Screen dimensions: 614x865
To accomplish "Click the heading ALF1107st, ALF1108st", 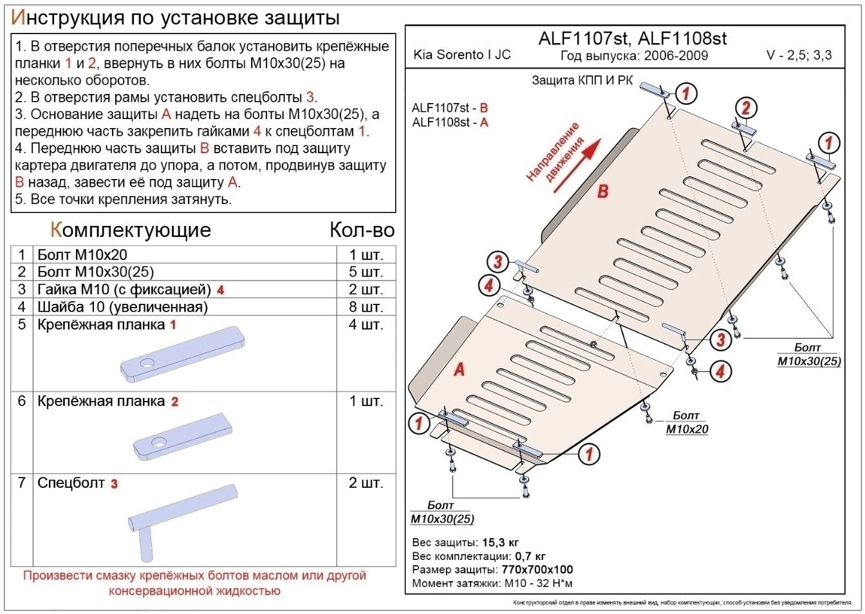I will click(632, 39).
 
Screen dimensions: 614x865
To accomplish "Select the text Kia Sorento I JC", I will click(461, 55).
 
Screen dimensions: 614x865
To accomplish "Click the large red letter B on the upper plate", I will click(603, 191).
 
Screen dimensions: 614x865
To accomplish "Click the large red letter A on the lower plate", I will click(459, 369).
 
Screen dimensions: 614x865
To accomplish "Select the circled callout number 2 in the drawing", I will click(746, 108).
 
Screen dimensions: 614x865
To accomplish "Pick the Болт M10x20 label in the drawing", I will click(686, 423).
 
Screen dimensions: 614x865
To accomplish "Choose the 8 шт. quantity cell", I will click(366, 307).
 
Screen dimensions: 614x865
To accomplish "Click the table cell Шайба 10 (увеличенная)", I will click(122, 307).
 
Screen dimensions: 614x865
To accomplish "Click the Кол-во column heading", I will click(362, 230).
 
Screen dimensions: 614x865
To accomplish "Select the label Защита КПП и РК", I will click(582, 80).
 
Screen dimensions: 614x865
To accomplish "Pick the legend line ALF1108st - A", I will click(450, 122).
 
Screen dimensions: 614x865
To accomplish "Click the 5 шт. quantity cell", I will click(366, 272).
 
